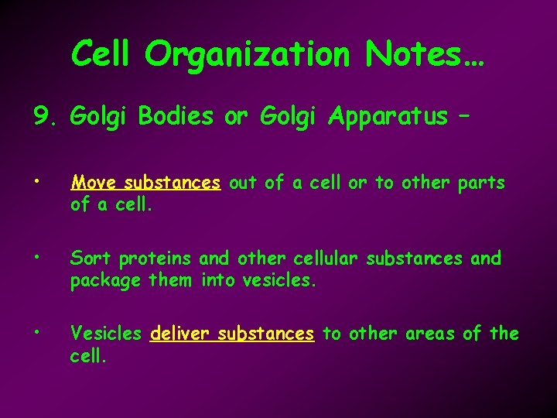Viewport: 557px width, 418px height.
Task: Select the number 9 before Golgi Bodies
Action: pos(41,117)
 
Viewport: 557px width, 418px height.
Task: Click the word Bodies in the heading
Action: pos(176,117)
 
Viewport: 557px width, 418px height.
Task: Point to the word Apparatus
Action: pos(387,117)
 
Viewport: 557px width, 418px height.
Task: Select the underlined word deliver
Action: pos(182,334)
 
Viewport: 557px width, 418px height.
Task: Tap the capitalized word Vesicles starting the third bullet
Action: pos(106,334)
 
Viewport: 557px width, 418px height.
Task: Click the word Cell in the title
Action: pos(102,54)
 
